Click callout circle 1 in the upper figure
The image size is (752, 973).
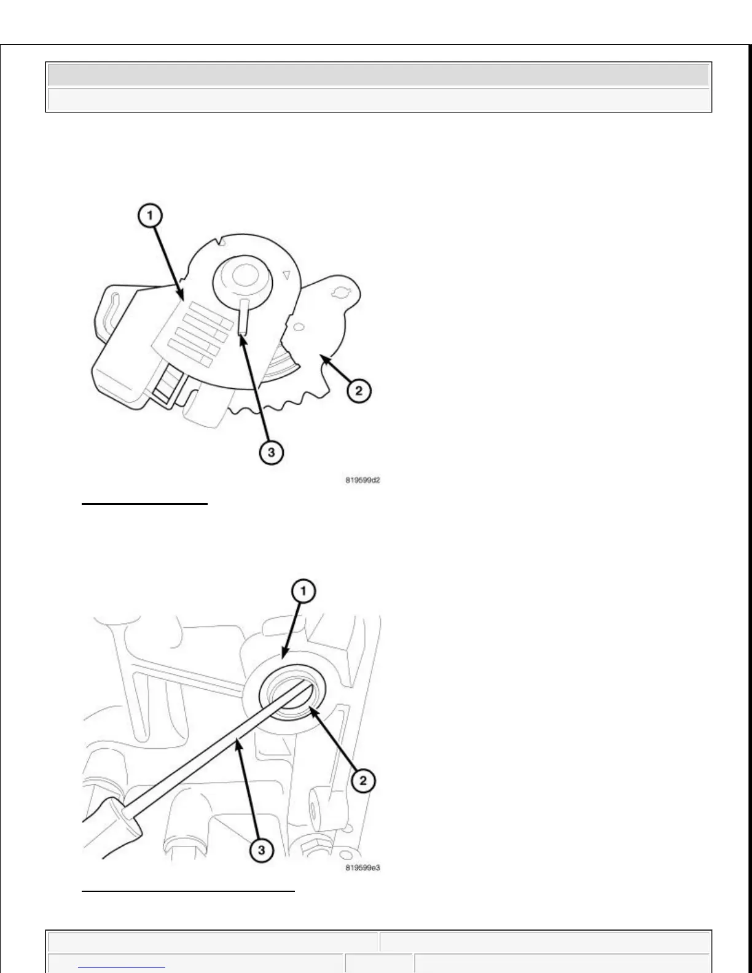[x=151, y=216]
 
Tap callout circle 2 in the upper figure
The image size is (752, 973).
[x=359, y=390]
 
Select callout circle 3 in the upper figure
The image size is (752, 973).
[x=270, y=453]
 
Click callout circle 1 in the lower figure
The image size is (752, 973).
[x=304, y=592]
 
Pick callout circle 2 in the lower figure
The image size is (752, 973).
[x=362, y=780]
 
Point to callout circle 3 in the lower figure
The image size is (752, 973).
[x=261, y=850]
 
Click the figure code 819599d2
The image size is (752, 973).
[x=362, y=480]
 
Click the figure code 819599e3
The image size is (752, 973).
[x=362, y=869]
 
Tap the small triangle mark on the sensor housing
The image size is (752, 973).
[x=286, y=276]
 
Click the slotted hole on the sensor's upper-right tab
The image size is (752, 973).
[x=339, y=289]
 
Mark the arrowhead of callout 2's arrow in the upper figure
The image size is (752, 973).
[x=323, y=364]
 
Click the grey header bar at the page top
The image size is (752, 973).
[x=378, y=75]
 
